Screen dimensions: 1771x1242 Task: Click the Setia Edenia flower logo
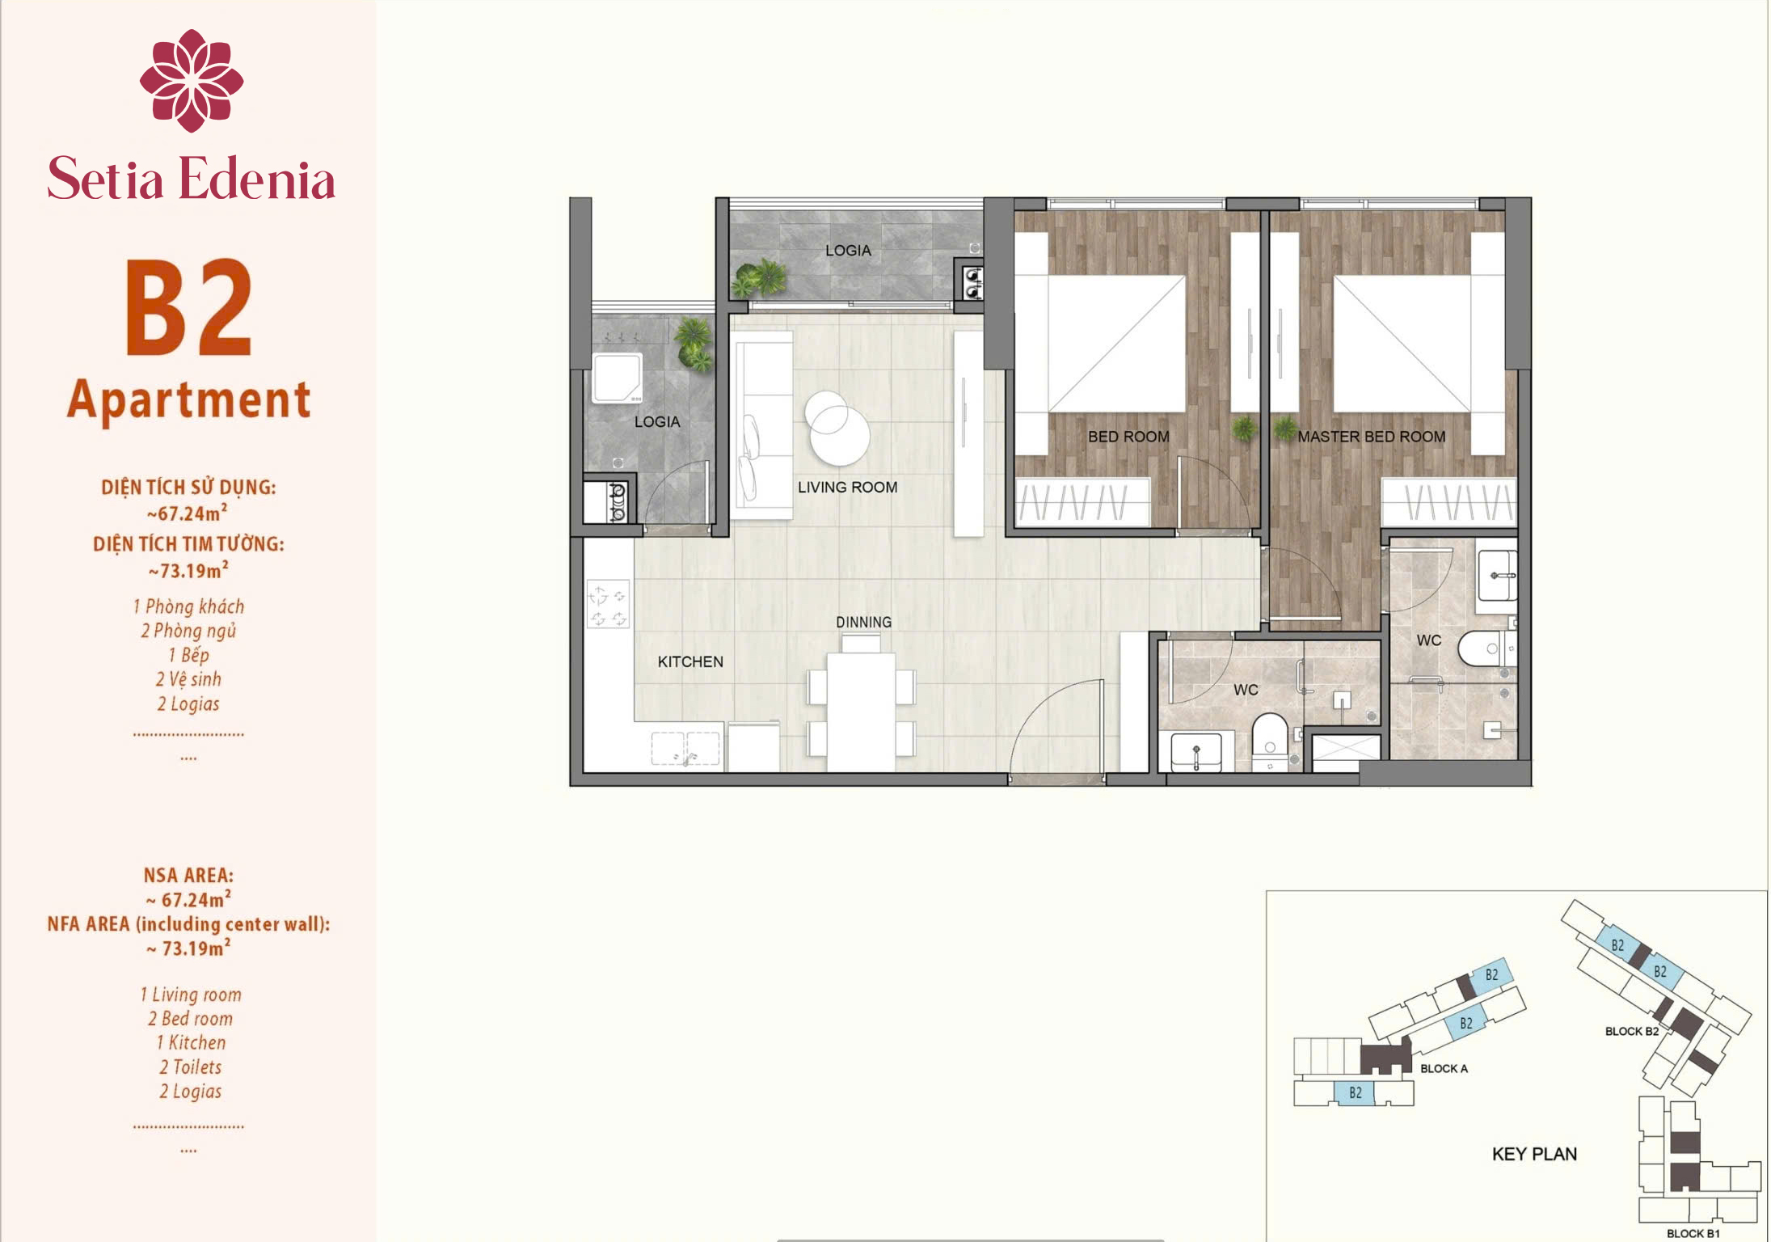(192, 80)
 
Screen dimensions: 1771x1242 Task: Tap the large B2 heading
(189, 307)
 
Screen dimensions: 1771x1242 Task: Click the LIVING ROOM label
(847, 487)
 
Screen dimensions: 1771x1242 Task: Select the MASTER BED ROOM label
(1371, 437)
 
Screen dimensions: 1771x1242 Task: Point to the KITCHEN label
(690, 661)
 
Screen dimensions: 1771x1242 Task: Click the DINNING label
(863, 622)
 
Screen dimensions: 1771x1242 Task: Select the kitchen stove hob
(608, 605)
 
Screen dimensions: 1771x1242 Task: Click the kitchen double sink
(685, 748)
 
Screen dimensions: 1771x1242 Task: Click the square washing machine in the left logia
(617, 378)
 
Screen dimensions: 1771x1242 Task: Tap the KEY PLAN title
(1534, 1154)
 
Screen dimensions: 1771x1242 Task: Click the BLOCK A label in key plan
(1444, 1068)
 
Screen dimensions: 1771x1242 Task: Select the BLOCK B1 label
(1693, 1233)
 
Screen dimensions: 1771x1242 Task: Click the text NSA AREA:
(188, 875)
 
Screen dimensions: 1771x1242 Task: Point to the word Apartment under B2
(189, 400)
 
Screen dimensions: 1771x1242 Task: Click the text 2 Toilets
(190, 1067)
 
